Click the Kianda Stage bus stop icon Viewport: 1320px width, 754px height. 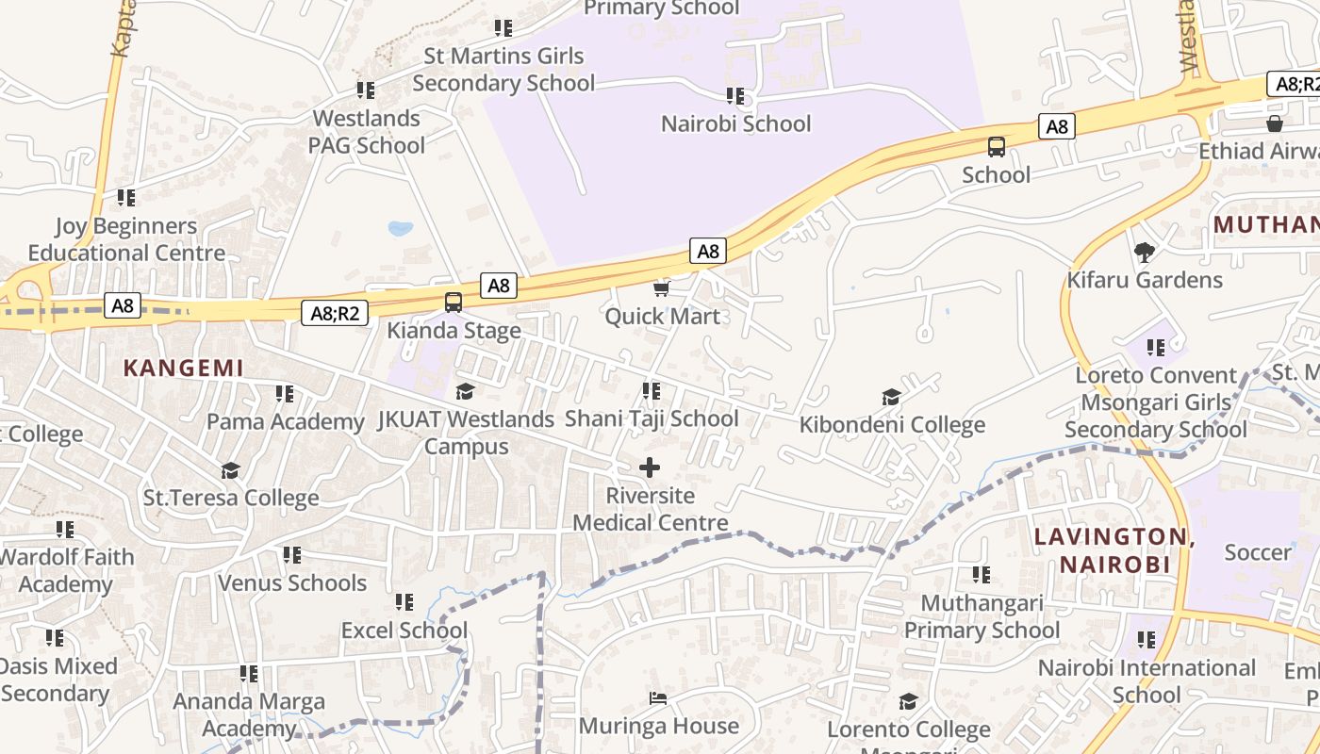coord(454,303)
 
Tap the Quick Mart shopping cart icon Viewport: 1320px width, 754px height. coord(662,288)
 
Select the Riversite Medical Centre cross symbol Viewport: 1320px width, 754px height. coord(650,467)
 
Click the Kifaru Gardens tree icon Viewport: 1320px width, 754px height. coord(1145,252)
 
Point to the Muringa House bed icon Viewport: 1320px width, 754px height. coord(658,698)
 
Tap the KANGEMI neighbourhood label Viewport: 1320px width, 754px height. coord(184,369)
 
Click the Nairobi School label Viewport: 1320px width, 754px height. coord(735,123)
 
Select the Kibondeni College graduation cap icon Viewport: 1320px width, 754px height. coord(891,397)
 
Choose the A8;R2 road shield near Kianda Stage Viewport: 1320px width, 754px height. coord(335,313)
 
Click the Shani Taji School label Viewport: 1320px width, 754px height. coord(652,418)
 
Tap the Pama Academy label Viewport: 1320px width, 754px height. coord(285,421)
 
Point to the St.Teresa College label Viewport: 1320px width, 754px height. coord(231,498)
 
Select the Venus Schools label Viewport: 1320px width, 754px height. coord(292,582)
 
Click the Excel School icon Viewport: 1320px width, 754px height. coord(404,601)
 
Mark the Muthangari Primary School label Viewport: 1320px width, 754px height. coord(982,616)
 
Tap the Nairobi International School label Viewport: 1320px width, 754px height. coord(1147,681)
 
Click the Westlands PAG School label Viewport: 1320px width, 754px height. coord(367,132)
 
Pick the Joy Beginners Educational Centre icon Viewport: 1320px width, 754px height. coord(125,198)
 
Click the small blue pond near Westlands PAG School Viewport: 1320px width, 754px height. coord(401,228)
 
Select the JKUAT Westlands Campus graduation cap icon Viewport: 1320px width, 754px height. coord(465,391)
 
